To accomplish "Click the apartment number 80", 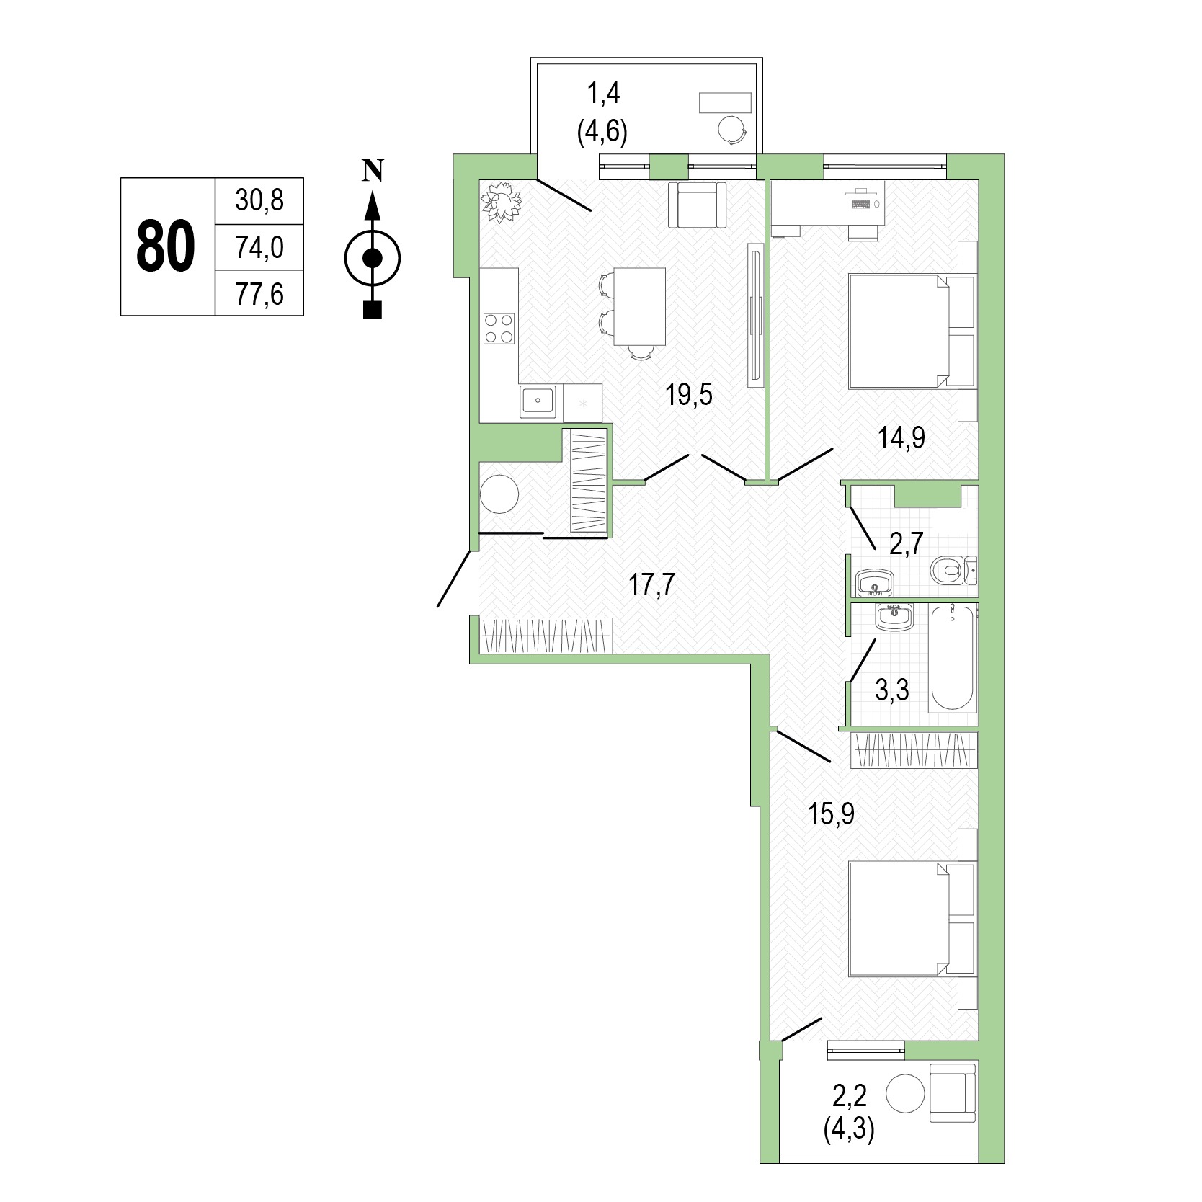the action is click(x=166, y=246).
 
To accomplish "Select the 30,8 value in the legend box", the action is click(x=259, y=200).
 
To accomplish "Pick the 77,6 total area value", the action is click(x=259, y=294).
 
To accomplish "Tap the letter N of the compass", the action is click(x=372, y=170).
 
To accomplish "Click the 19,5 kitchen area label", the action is click(x=689, y=394).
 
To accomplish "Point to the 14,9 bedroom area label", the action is click(x=901, y=437).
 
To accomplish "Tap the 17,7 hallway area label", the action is click(x=651, y=584).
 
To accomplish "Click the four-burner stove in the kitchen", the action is click(x=499, y=328).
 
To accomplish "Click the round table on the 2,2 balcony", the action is click(x=905, y=1094).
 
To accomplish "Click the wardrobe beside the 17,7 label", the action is click(x=547, y=636).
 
